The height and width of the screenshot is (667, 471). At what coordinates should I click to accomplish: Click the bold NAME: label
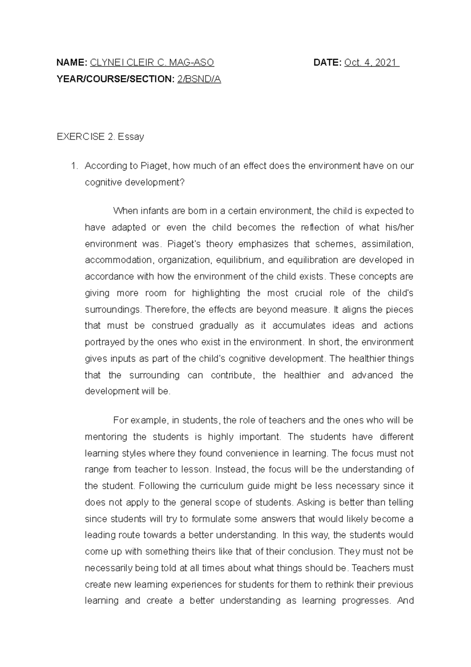pos(72,62)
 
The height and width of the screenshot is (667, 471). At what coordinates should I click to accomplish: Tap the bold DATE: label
pos(327,62)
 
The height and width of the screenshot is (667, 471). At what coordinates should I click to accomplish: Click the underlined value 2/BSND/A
pos(199,79)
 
